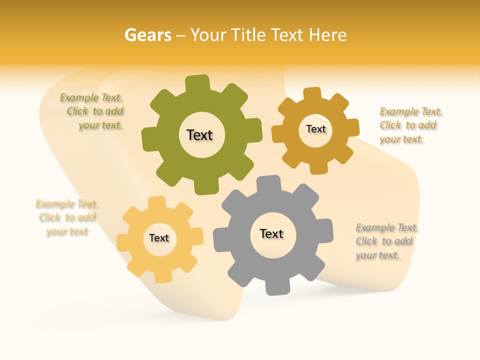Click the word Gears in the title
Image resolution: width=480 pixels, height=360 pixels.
(147, 35)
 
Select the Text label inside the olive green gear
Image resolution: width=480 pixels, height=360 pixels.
(200, 135)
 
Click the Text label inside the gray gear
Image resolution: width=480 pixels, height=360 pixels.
(271, 233)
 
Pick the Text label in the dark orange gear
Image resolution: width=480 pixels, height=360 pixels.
(316, 129)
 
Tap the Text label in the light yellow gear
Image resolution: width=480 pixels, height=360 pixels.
(159, 238)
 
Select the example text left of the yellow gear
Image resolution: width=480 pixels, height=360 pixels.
(67, 217)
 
